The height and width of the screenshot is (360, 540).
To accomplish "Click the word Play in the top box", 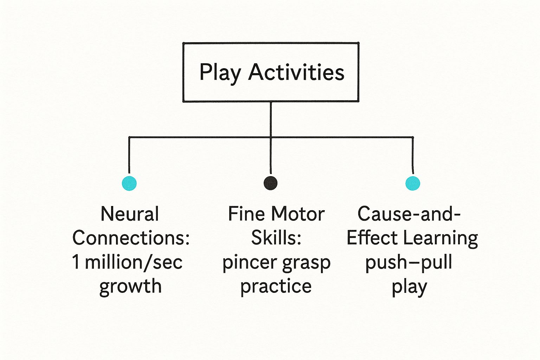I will click(220, 73).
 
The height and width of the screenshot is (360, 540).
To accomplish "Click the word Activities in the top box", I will click(296, 72).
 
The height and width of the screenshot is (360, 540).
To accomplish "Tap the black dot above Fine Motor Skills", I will click(270, 183).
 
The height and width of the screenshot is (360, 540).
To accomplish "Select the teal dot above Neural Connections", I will click(129, 183).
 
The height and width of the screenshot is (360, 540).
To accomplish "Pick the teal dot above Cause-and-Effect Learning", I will click(412, 183).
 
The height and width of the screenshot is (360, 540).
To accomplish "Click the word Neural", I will click(130, 214).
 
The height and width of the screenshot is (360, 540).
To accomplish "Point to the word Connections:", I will click(131, 238).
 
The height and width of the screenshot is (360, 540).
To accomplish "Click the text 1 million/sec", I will click(127, 262).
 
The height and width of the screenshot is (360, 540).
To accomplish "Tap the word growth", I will click(130, 286).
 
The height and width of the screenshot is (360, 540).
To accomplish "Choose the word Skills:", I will click(276, 238).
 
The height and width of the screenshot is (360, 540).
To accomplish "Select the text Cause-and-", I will click(409, 214).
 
